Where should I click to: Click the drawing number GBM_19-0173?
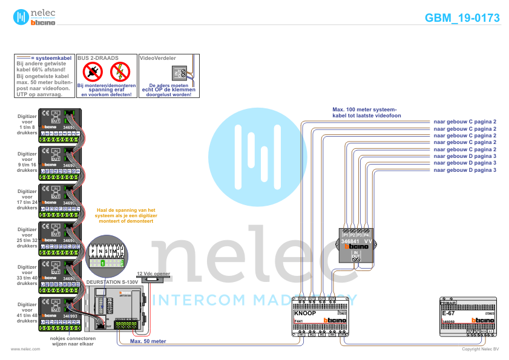462,18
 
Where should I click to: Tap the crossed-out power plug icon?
94,72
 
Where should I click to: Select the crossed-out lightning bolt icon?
120,72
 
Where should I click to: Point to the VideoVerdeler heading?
158,58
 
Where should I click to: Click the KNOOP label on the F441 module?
305,313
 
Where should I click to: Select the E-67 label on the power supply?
448,313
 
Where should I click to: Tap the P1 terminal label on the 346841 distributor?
346,234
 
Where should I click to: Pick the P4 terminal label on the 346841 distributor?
367,234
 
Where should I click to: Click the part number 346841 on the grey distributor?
350,241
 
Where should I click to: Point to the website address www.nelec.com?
26,349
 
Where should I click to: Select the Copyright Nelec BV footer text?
480,349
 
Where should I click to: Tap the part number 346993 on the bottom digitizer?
70,316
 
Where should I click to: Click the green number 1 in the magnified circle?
103,263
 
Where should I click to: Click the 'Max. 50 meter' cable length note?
148,341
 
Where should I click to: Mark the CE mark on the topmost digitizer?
45,113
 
